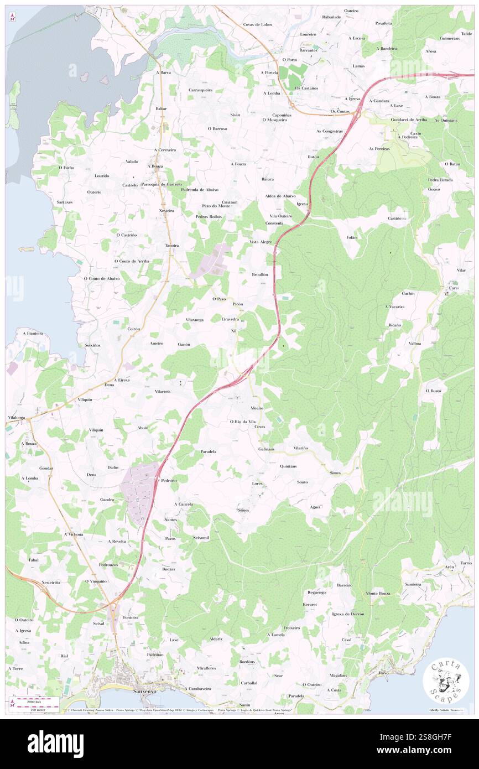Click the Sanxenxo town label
(x=131, y=690)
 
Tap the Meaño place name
(x=257, y=408)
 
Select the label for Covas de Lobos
(x=258, y=24)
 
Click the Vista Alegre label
(x=261, y=242)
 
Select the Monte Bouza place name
(x=378, y=593)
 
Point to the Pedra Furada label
(x=440, y=180)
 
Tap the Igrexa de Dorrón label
(x=348, y=614)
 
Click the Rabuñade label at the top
(x=316, y=17)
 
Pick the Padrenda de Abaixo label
(x=200, y=189)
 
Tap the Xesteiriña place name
(x=51, y=583)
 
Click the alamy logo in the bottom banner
(x=56, y=743)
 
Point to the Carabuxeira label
(x=200, y=689)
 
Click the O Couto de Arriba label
(x=132, y=261)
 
